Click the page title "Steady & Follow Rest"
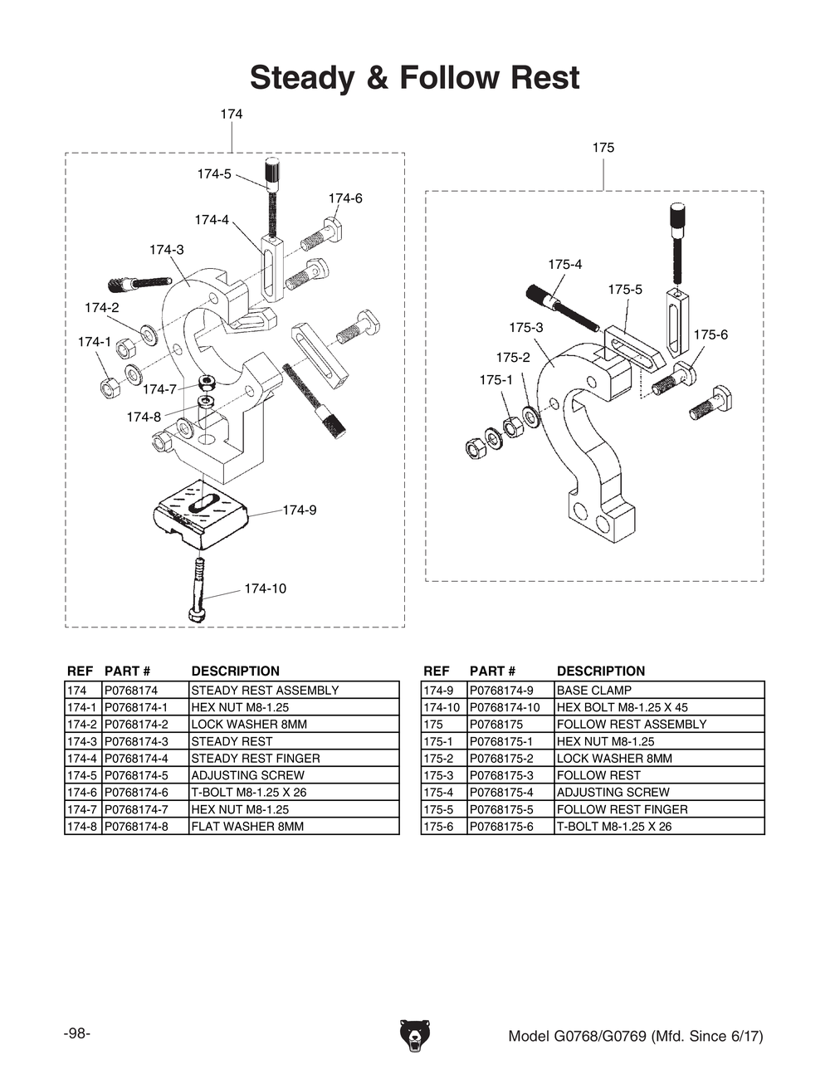pyautogui.click(x=414, y=78)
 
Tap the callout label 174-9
pyautogui.click(x=299, y=510)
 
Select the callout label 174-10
pyautogui.click(x=265, y=588)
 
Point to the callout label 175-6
pyautogui.click(x=710, y=334)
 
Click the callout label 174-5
pyautogui.click(x=214, y=174)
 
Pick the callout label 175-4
pyautogui.click(x=564, y=264)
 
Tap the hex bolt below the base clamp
pyautogui.click(x=198, y=589)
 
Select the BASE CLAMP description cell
pyautogui.click(x=593, y=691)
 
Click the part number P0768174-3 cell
pyautogui.click(x=136, y=741)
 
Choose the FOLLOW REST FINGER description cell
pyautogui.click(x=622, y=809)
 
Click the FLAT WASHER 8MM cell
pyautogui.click(x=247, y=827)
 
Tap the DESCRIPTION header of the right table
pyautogui.click(x=600, y=671)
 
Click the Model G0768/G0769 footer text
pyautogui.click(x=635, y=1036)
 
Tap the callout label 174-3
pyautogui.click(x=167, y=250)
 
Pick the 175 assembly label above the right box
pyautogui.click(x=603, y=148)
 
